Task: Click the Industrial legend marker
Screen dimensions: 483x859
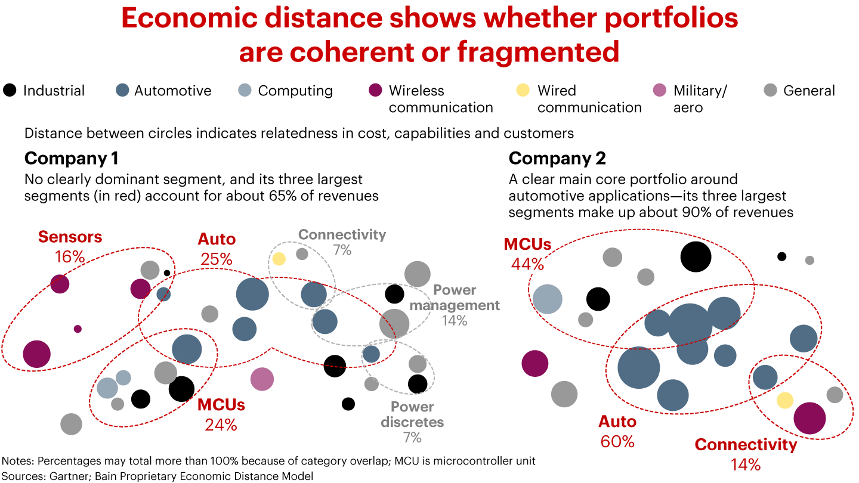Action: [10, 91]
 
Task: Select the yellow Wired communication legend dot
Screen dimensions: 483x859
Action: [523, 91]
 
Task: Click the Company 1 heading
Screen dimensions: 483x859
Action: [71, 158]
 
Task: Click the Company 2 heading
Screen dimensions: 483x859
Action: [557, 158]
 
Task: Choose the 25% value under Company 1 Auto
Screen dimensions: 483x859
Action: [217, 259]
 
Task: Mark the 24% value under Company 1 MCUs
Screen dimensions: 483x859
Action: [221, 425]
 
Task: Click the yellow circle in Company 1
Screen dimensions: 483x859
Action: [279, 259]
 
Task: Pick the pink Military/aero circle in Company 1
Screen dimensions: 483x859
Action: [261, 379]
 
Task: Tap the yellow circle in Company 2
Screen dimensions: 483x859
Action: [785, 400]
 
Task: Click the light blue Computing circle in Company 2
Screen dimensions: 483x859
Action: [547, 299]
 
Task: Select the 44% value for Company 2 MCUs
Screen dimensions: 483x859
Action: [527, 264]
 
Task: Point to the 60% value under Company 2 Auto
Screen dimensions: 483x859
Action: [617, 441]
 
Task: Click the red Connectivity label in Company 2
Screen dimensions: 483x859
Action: [745, 445]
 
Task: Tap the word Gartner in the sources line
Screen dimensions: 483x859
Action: [64, 476]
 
